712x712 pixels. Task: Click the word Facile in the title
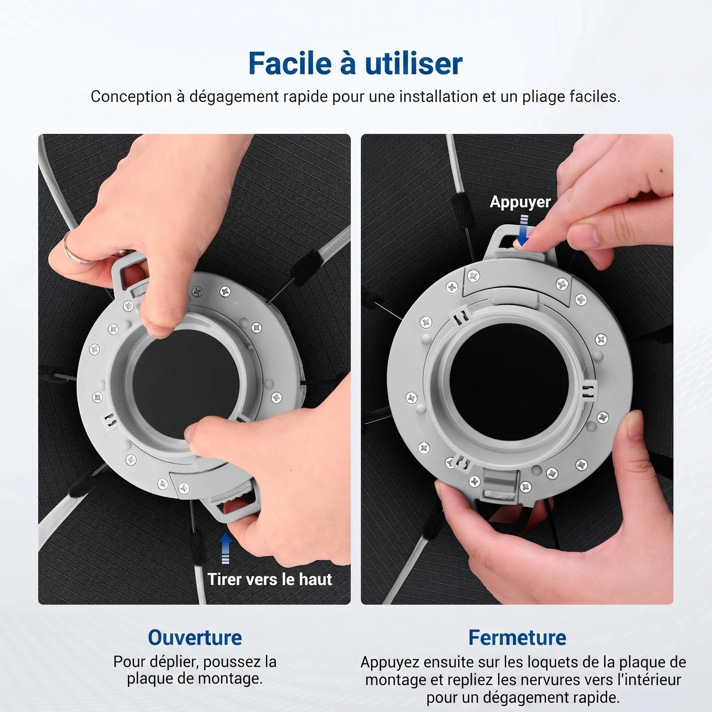[290, 63]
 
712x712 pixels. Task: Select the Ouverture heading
[195, 637]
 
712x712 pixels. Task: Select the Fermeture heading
[517, 637]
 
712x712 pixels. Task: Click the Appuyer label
[520, 202]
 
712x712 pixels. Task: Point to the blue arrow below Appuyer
[524, 231]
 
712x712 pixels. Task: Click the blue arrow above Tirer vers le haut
[226, 548]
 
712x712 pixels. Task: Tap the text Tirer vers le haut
[270, 579]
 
